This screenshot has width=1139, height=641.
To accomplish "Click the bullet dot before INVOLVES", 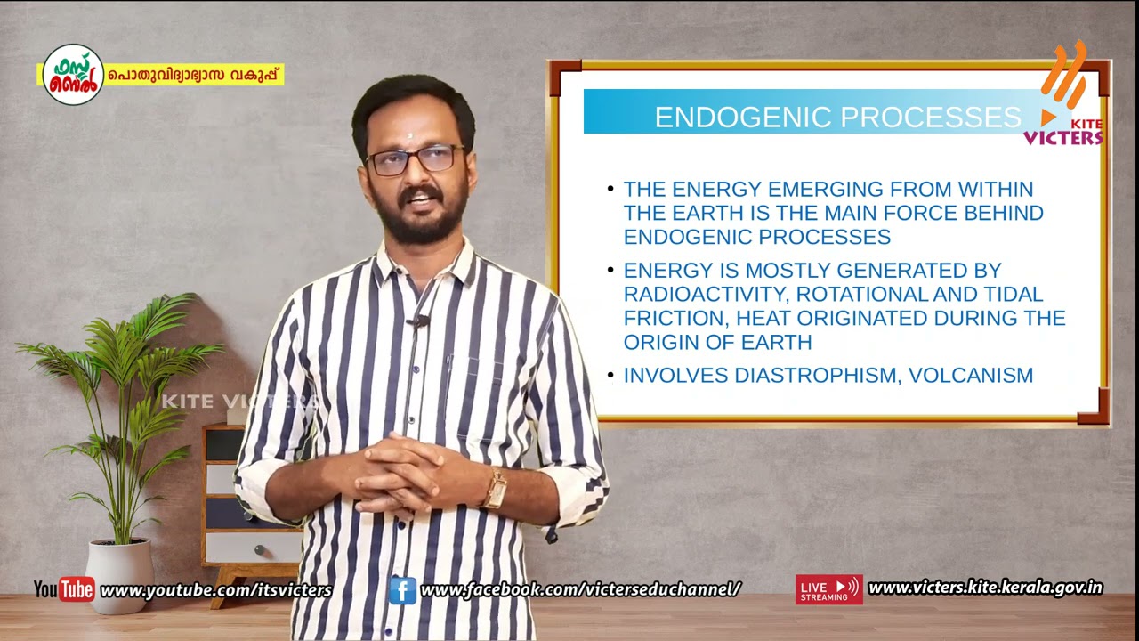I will (x=610, y=376).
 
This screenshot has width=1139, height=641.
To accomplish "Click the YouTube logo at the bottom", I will (x=64, y=589).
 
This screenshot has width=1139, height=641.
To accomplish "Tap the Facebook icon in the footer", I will (x=402, y=589).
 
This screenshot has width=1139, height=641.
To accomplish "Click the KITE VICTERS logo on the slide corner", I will (x=1065, y=98).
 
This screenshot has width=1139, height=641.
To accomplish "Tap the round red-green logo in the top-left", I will (x=73, y=75).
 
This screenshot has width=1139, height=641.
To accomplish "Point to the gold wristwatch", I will (x=495, y=488).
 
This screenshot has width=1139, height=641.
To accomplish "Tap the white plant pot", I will (x=119, y=574).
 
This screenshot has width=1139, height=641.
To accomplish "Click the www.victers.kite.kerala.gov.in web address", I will (x=985, y=588).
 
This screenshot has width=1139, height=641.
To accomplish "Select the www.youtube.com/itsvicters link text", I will (x=216, y=590).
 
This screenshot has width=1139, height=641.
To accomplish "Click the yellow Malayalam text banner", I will (x=195, y=76).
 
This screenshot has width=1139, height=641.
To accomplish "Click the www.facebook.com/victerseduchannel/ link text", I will (x=580, y=589).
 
